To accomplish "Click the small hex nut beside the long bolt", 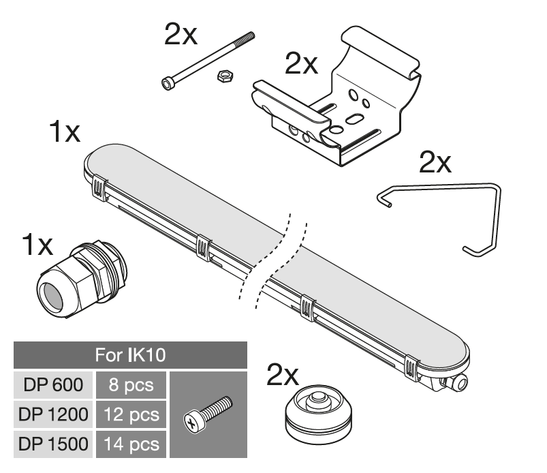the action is [225, 75].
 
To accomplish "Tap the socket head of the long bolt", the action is [168, 83].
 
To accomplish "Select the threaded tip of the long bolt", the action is [247, 37].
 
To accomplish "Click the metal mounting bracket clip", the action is [337, 97].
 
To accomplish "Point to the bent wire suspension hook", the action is [497, 217].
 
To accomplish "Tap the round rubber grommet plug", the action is [319, 414].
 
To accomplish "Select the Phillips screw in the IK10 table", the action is [208, 414].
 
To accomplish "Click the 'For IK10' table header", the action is [131, 355].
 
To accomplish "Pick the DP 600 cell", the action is [53, 384].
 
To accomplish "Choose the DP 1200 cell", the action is [53, 414].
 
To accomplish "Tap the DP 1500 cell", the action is [53, 444].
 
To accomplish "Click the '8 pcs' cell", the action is [131, 384].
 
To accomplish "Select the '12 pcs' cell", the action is [131, 414].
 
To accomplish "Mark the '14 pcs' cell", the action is [131, 444].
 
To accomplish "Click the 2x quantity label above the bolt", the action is [181, 34].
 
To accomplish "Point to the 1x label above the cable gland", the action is [37, 245].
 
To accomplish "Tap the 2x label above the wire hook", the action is [435, 162].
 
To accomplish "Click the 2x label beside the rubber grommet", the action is [283, 374].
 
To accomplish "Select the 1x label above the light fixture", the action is [65, 132].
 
